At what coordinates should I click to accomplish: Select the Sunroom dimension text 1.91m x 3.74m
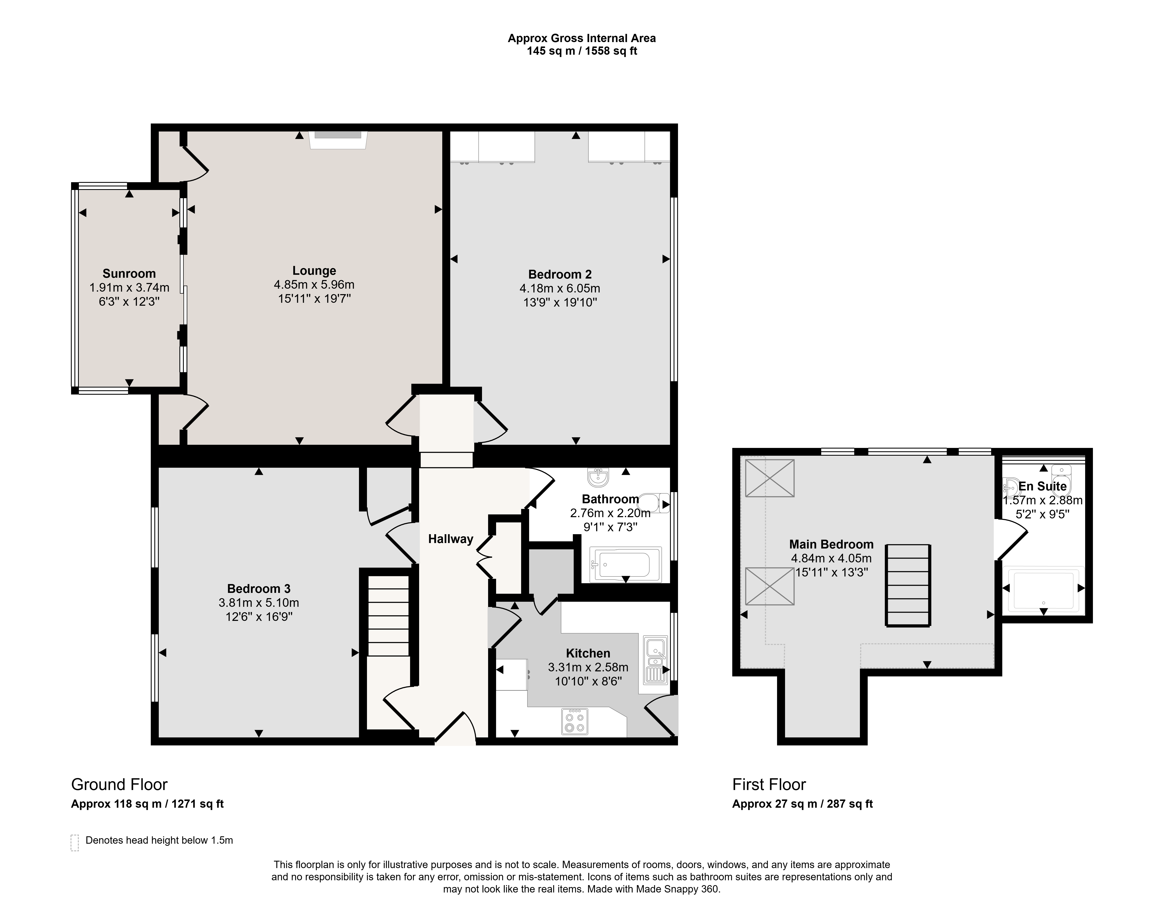129,287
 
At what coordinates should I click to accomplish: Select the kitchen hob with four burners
574,721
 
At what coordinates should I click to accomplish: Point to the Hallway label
450,539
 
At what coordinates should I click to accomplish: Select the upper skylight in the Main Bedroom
769,478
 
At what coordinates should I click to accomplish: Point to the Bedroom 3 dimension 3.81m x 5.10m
259,603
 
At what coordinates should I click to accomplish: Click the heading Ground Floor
119,785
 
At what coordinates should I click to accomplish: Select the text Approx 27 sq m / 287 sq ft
802,804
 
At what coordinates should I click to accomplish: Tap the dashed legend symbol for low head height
75,842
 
